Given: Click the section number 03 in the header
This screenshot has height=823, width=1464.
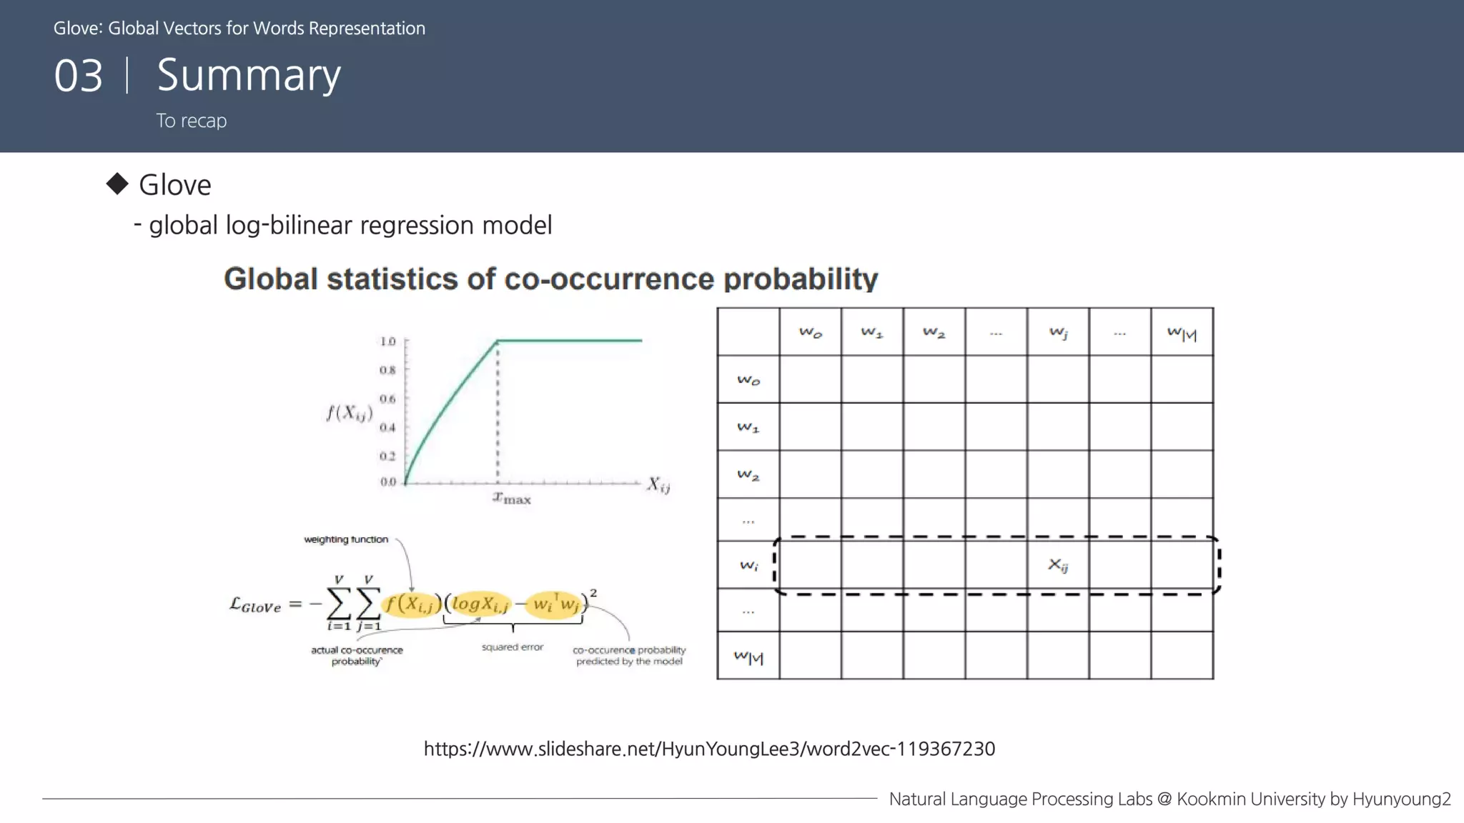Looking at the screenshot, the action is [79, 76].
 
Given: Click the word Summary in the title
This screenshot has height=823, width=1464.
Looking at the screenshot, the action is [248, 76].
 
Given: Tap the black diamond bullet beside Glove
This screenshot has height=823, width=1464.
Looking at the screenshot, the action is [117, 184].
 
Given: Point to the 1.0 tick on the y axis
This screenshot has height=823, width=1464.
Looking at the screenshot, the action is [387, 341].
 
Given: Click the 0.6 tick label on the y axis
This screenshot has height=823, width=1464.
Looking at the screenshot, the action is [387, 399].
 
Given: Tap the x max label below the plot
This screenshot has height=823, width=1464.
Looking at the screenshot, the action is [512, 498].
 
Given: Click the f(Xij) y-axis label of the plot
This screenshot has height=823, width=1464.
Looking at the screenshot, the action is [350, 413].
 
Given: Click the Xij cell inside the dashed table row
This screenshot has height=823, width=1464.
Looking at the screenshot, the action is [1058, 565].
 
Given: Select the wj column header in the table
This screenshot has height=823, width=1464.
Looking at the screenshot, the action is [1058, 332].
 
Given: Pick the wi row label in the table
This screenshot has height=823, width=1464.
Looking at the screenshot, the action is [748, 565].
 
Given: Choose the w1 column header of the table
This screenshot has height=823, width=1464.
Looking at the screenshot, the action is [872, 332].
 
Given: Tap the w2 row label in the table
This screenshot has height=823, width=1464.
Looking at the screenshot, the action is [748, 474].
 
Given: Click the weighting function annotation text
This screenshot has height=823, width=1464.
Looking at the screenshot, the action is [346, 539].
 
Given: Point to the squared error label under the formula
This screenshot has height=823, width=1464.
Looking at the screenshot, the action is [513, 647].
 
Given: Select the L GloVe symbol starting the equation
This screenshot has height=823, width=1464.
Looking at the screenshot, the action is [255, 605].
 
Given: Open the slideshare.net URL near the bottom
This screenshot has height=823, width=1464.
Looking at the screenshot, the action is [709, 749].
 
